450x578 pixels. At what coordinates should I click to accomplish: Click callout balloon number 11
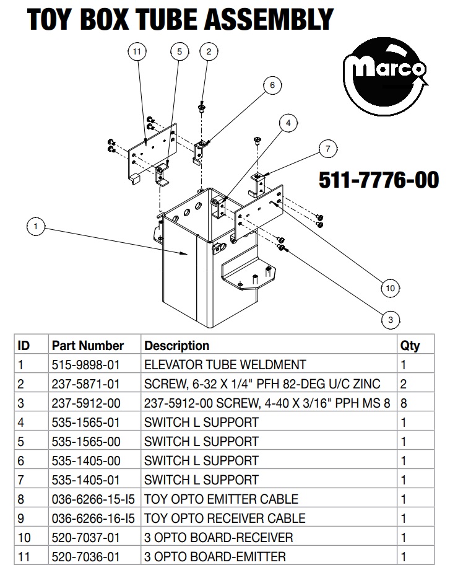pos(137,51)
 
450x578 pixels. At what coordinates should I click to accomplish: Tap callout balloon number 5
pos(180,51)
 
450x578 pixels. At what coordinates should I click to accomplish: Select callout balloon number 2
pos(209,51)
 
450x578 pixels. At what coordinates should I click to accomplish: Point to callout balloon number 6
pos(272,85)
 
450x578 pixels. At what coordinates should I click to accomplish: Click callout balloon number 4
pos(288,123)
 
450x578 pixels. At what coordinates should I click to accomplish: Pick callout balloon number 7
pos(327,149)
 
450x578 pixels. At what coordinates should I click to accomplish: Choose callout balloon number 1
pos(36,226)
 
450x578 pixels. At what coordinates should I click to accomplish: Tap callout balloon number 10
pos(391,288)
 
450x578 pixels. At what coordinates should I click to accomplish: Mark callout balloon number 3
pos(391,320)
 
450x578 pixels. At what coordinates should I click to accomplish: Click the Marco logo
pos(385,77)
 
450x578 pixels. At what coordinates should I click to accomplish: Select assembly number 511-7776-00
pos(379,180)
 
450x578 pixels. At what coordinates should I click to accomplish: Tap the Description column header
pos(177,346)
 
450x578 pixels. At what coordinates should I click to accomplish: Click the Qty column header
pos(410,346)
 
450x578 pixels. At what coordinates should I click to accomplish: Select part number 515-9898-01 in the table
pos(86,365)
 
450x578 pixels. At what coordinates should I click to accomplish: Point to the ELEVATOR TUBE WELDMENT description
pos(225,365)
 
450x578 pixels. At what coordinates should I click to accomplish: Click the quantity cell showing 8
pos(404,403)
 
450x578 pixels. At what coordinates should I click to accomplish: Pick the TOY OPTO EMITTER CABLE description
pos(222,499)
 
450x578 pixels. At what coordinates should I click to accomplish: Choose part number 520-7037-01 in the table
pos(86,538)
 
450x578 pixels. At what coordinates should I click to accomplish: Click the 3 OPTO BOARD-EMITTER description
pos(215,556)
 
